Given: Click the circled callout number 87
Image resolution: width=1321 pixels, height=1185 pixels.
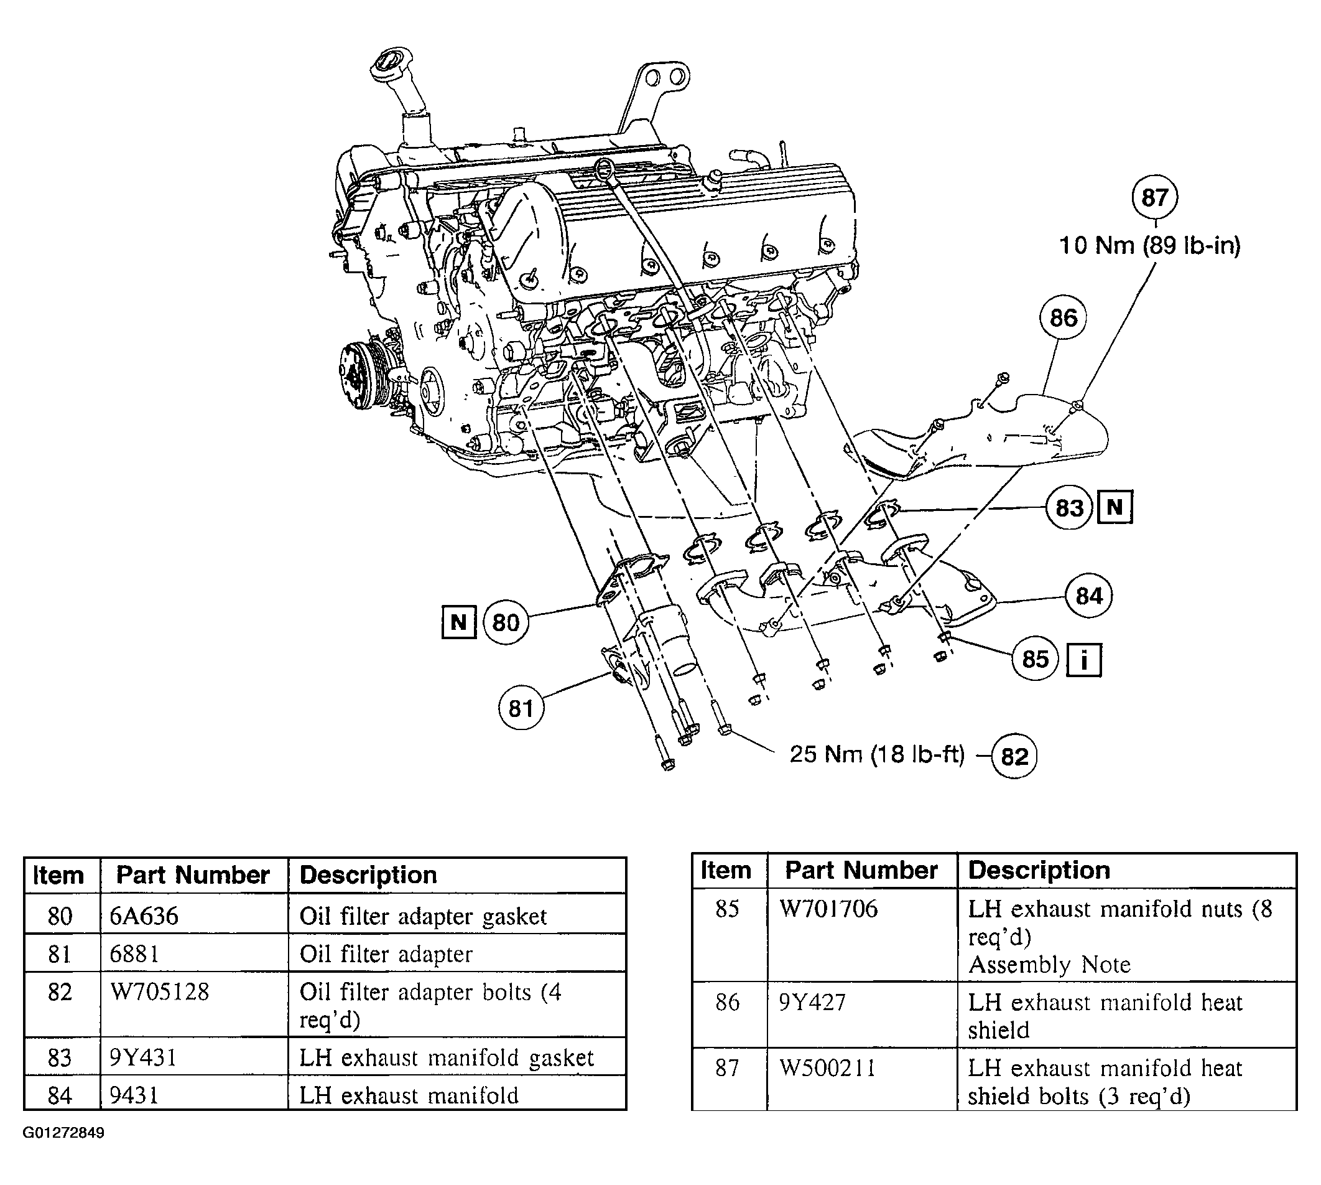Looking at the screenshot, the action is [1154, 197].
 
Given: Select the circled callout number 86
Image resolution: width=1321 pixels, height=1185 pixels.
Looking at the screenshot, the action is [1064, 318].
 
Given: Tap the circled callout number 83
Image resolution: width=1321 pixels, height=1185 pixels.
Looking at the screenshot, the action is [1069, 507].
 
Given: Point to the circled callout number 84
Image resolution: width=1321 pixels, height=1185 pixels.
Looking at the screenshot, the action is [1088, 595].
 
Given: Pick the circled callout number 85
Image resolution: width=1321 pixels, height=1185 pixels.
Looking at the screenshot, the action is [1036, 659].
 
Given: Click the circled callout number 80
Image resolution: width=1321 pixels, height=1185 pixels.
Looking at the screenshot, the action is [506, 622].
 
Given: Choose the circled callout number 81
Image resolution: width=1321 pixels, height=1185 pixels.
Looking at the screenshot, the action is [521, 708].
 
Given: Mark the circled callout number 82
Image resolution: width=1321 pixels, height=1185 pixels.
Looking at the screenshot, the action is [1014, 757].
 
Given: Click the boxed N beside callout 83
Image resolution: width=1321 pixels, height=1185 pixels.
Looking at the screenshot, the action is [1115, 507].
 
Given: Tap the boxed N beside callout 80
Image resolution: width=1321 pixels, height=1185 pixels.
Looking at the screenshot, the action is [459, 622].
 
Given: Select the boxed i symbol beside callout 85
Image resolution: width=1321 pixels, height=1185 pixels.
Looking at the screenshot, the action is [1084, 660].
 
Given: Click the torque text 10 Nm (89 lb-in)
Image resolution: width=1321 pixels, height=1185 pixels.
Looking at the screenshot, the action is [1150, 245].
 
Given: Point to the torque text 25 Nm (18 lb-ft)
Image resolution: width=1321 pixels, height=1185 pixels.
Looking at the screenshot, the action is [876, 754].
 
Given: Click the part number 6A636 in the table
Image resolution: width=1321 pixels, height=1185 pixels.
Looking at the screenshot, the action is [144, 916].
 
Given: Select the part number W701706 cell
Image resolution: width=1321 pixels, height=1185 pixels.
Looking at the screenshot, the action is [828, 908].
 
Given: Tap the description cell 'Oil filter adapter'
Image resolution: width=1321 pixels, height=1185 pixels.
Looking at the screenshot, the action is [386, 954].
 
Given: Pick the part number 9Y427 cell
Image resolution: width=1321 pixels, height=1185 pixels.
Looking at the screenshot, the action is [812, 1002].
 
